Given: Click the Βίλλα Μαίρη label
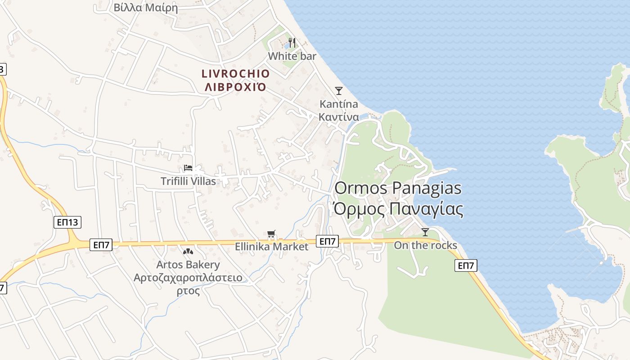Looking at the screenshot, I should coord(146,8).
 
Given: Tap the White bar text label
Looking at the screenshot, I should coord(292,56).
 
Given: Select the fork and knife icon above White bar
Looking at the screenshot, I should coord(292,43).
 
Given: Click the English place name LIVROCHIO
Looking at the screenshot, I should coord(235,74).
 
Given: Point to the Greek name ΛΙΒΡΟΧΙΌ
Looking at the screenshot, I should coord(235,86).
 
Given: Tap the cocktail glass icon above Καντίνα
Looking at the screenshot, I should coord(339,91).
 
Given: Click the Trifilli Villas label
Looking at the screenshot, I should coord(188,181).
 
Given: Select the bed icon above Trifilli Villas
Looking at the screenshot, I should coord(188,168).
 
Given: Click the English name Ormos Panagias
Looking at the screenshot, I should coord(398,188).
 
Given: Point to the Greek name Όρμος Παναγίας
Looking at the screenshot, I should coord(397,209).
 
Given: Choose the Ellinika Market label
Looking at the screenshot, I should coord(272,247).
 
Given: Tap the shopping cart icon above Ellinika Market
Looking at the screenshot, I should coord(271,234).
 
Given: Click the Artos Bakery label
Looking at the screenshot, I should coord(188,265).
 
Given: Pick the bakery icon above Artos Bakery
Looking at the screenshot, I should coord(188,251).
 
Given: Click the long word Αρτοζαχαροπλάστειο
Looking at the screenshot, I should coord(188,278).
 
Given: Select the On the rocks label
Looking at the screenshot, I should coord(425,245).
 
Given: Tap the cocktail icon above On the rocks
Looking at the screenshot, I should coord(425,232).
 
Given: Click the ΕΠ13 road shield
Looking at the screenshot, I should coord(67,222).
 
